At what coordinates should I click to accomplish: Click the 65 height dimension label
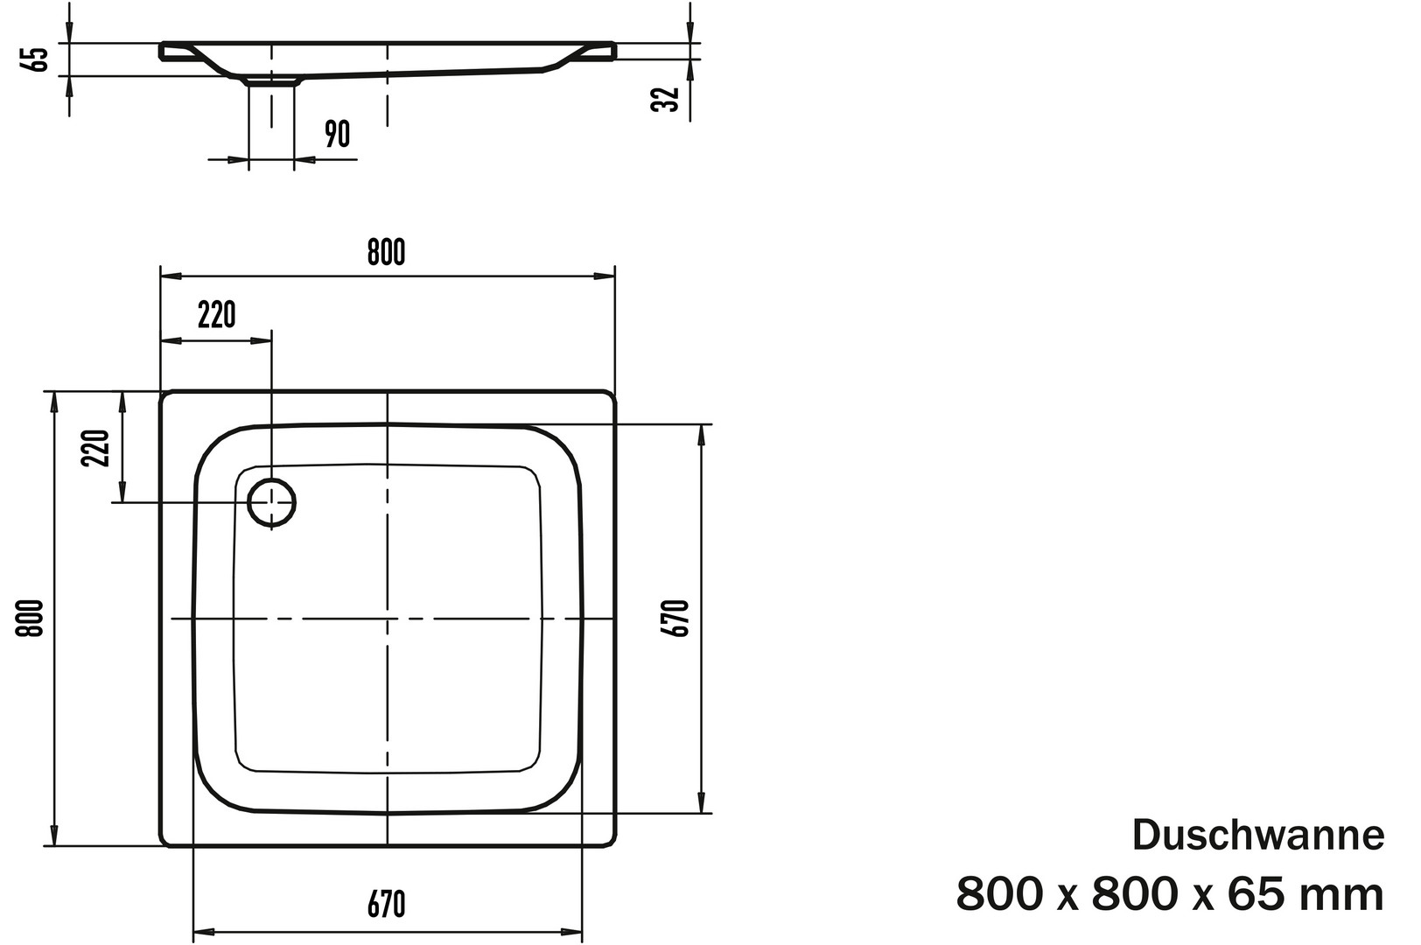click(x=38, y=59)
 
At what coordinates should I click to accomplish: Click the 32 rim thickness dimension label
click(x=666, y=99)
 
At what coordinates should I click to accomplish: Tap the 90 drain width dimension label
click(x=337, y=134)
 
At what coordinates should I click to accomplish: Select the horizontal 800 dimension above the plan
click(x=387, y=252)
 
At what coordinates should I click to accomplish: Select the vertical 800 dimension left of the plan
click(x=30, y=619)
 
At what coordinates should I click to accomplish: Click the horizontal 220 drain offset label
click(x=217, y=315)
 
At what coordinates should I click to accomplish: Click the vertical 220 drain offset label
click(x=95, y=448)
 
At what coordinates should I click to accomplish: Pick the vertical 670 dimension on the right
click(x=675, y=619)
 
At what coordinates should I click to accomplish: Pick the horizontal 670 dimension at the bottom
click(x=387, y=905)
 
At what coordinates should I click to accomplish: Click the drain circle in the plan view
click(x=271, y=502)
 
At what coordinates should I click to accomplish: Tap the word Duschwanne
click(x=1258, y=836)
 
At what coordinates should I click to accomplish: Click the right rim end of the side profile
click(x=612, y=52)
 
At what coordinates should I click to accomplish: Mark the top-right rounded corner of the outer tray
click(x=610, y=397)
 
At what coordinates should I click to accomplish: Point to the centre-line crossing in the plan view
click(x=387, y=618)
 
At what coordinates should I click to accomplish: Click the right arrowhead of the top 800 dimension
click(x=605, y=276)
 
